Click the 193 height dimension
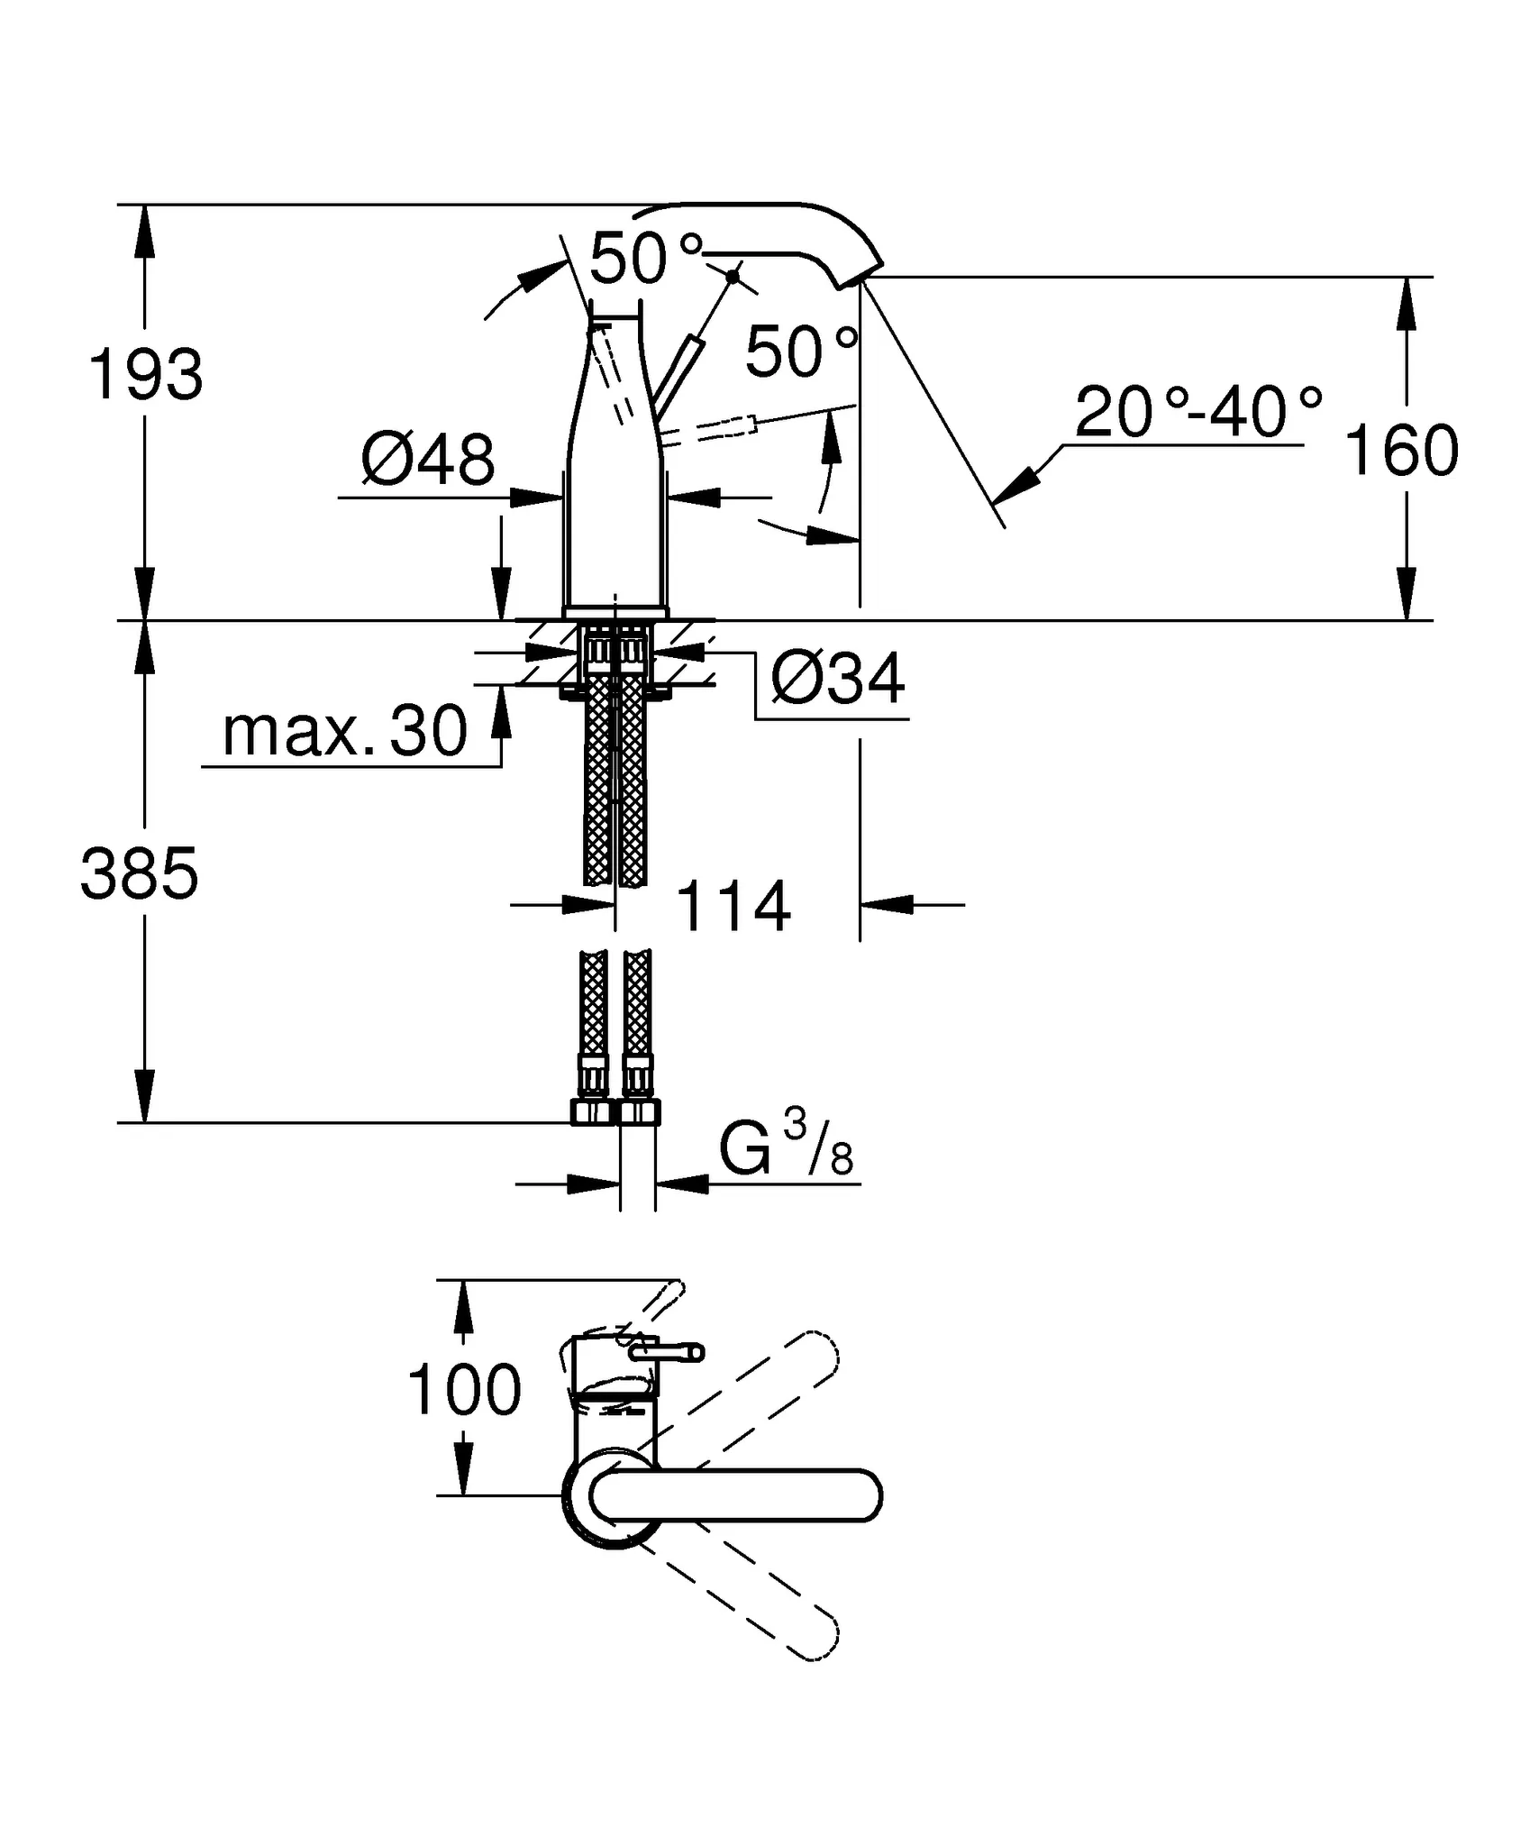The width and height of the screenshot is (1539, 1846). pos(145,376)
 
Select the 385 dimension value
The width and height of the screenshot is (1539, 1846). pos(139,873)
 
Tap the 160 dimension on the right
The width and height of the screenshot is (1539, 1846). pos(1401,451)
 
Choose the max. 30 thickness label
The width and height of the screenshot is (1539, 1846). pos(345,731)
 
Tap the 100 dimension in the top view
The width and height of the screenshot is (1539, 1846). pos(464,1390)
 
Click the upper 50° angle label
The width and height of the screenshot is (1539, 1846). pos(645,258)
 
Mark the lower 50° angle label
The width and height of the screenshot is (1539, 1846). pos(801,352)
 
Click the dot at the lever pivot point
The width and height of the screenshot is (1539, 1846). pos(733,276)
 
